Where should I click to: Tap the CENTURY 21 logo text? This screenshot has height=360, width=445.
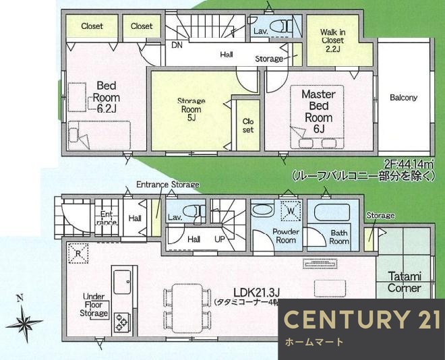[361, 320]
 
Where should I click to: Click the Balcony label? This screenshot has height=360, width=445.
[403, 97]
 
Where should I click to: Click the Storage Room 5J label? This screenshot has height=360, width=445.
[191, 109]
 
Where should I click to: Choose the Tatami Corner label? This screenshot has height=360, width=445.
[405, 282]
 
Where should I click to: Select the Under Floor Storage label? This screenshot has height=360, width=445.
[94, 305]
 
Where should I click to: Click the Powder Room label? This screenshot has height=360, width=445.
[286, 236]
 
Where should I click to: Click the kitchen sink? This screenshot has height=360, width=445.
[123, 281]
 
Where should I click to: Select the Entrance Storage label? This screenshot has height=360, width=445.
[168, 185]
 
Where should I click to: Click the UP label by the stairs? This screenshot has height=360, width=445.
[220, 239]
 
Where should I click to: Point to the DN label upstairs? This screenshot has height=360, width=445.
[177, 46]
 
